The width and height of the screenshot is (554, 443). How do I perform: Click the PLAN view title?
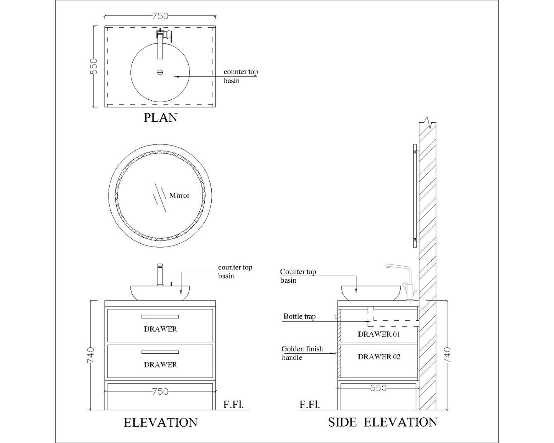click(160, 117)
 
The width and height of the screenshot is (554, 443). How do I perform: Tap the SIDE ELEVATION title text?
click(383, 422)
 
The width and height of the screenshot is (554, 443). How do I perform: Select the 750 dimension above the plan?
click(160, 16)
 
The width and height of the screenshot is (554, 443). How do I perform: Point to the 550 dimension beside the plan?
click(94, 66)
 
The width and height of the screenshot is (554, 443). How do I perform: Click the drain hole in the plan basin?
click(160, 72)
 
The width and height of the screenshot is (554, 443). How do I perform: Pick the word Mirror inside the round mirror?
click(179, 195)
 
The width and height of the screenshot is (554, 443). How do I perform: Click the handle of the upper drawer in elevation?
click(160, 317)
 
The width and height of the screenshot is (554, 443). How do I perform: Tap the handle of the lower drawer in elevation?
click(160, 352)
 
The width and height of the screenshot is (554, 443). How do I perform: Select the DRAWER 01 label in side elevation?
click(379, 334)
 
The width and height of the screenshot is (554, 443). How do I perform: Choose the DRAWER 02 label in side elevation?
click(379, 356)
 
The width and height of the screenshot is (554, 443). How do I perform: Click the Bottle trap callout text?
click(299, 317)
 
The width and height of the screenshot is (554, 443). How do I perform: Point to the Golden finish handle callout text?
click(302, 353)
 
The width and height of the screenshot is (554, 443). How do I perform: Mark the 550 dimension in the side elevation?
click(378, 388)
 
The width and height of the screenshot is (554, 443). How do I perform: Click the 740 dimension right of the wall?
click(447, 355)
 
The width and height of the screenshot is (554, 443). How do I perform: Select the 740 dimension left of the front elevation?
click(90, 355)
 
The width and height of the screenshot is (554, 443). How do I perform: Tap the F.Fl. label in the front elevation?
click(233, 405)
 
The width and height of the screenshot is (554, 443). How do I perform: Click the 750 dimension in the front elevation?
click(160, 392)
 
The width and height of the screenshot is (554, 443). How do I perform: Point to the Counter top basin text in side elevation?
click(298, 276)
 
